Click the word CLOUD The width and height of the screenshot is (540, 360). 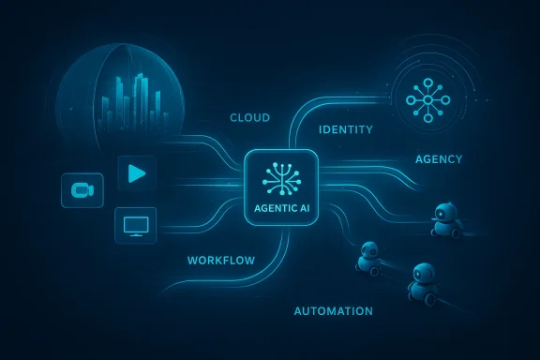tap(249, 118)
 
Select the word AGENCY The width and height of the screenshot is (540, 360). tap(439, 159)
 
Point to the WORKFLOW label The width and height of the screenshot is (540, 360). tap(222, 259)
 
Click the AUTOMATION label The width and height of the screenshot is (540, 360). tap(334, 311)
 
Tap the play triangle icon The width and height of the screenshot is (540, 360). tap(136, 173)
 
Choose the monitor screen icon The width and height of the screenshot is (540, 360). tap(133, 225)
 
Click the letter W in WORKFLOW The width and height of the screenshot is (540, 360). tap(193, 259)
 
